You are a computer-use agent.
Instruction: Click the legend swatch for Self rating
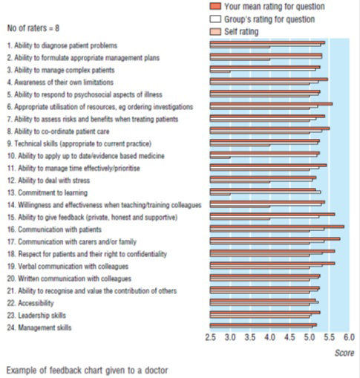tap(215, 32)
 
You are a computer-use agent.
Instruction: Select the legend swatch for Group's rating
tap(215, 19)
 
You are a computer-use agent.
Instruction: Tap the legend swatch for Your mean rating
tap(215, 6)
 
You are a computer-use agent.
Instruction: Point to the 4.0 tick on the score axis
tap(270, 337)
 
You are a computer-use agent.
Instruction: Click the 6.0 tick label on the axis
tap(349, 337)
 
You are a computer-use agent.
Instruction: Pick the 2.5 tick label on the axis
tap(210, 337)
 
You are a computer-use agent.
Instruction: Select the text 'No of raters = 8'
tap(33, 28)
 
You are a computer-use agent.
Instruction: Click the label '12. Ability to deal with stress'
tap(48, 180)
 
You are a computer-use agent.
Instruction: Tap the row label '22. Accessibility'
tap(30, 303)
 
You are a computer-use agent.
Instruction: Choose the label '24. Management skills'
tap(39, 328)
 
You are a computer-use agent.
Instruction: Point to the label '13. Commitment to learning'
tap(48, 192)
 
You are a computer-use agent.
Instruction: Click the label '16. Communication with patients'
tap(54, 229)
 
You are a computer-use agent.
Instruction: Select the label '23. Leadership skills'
tap(36, 316)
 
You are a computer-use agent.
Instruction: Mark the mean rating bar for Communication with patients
tap(277, 227)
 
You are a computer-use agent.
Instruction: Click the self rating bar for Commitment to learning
tap(220, 195)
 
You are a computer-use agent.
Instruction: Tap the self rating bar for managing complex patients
tap(220, 72)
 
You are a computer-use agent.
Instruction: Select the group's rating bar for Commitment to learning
tap(266, 192)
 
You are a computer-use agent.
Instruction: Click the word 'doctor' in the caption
tap(157, 371)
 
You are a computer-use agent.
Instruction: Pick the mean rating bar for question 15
tap(272, 215)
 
